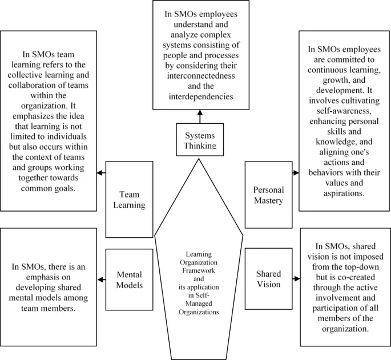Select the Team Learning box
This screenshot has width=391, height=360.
click(130, 198)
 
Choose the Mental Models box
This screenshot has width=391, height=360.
click(130, 279)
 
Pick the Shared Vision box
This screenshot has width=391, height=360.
click(268, 279)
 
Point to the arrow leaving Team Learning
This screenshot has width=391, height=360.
click(102, 172)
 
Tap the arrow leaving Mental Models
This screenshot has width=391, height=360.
click(102, 279)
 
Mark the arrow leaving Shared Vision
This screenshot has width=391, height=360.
click(296, 279)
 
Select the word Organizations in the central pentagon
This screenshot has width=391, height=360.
click(199, 313)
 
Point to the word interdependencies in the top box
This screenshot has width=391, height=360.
click(199, 96)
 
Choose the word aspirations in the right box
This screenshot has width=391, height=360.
click(345, 193)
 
